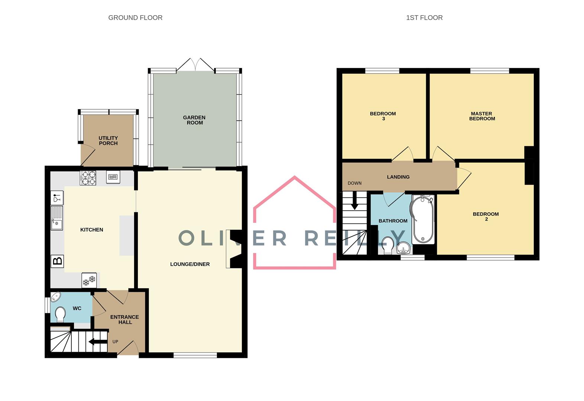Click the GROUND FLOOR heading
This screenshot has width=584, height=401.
click(135, 17)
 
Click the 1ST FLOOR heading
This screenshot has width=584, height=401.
click(424, 17)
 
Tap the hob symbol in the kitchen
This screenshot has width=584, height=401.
click(88, 177)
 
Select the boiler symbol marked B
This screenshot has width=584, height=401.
click(58, 261)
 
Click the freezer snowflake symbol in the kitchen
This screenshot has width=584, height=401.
click(89, 280)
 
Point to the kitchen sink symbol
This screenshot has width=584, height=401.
click(57, 218)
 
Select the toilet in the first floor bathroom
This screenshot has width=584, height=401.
click(388, 245)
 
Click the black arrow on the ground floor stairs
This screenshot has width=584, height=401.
click(98, 342)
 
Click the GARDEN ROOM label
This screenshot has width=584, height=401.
click(194, 120)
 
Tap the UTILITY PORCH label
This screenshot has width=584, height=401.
click(108, 140)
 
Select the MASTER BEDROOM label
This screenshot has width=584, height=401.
click(481, 116)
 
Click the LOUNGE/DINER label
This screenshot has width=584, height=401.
click(190, 264)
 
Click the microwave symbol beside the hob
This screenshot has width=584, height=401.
click(113, 177)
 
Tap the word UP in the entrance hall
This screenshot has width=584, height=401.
click(115, 342)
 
